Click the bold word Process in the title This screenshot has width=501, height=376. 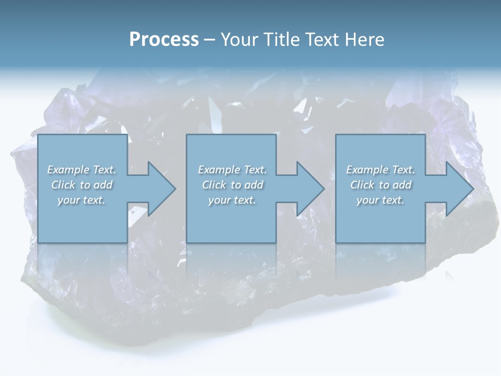(x=164, y=40)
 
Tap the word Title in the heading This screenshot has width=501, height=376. (x=282, y=40)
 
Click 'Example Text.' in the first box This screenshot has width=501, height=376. (x=81, y=170)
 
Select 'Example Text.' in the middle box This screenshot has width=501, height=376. (x=232, y=170)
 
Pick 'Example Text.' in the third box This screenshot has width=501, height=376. (x=380, y=170)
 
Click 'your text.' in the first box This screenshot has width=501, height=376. (x=81, y=200)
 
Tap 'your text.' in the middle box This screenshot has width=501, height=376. (x=232, y=200)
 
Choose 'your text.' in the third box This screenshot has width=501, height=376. (x=380, y=200)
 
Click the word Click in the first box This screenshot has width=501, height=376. (x=63, y=185)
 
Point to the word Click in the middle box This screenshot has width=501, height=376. (x=214, y=185)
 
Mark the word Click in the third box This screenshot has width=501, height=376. (x=362, y=185)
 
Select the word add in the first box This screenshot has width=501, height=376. (x=103, y=185)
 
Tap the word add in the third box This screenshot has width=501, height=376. (x=402, y=185)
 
